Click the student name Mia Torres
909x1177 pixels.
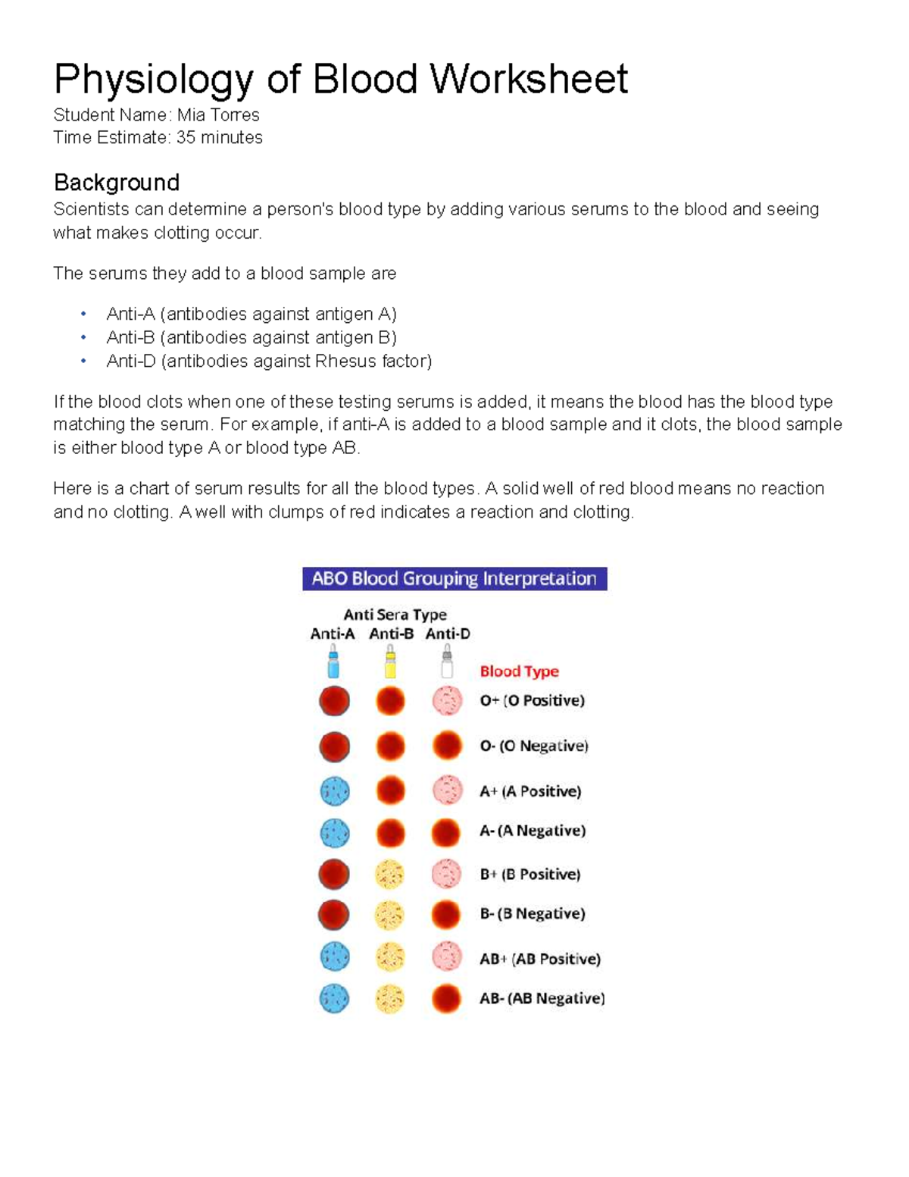point(218,115)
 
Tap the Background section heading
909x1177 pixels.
point(116,183)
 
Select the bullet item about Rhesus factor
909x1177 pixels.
point(269,362)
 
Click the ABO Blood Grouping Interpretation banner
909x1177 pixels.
point(454,579)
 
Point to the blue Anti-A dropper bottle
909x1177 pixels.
point(333,662)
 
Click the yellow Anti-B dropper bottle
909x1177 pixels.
point(390,662)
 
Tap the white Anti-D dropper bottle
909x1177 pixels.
point(447,662)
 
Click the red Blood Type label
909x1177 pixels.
point(519,671)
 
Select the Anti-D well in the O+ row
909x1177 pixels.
point(447,701)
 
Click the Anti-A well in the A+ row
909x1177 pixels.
point(334,791)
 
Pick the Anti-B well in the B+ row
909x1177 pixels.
point(390,875)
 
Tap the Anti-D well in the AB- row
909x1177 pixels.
point(447,999)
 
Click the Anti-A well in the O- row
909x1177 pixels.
point(334,747)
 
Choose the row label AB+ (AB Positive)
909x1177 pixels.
point(539,959)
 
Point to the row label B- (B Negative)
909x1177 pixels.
point(532,914)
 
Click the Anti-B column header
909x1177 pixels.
point(391,634)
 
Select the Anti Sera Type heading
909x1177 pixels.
point(395,615)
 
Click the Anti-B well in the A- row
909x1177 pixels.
point(390,833)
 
